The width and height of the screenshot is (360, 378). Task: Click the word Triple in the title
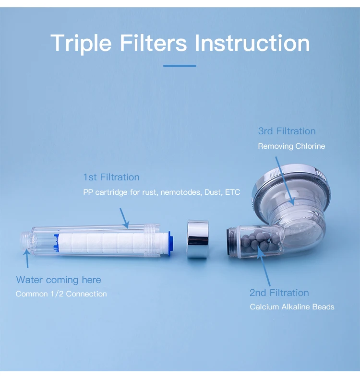tap(81, 43)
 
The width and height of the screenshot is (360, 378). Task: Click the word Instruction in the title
tap(252, 43)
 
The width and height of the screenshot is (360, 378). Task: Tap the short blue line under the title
tap(180, 66)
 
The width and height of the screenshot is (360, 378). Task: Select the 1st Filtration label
tap(111, 177)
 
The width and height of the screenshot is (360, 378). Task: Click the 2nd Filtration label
tap(279, 293)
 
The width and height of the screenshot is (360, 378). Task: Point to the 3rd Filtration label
tap(287, 131)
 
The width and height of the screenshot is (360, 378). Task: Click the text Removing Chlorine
tap(291, 146)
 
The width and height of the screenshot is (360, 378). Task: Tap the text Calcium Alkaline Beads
tap(292, 307)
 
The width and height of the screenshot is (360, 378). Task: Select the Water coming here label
tap(59, 280)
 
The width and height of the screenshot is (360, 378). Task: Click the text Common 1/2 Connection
tap(61, 294)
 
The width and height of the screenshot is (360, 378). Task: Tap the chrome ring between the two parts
tap(198, 239)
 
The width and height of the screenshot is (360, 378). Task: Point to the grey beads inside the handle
tap(260, 240)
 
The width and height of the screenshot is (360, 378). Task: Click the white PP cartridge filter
tap(113, 243)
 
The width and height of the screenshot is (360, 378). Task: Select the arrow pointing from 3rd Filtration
tap(285, 181)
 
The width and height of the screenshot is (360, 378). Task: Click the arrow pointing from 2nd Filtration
tap(264, 266)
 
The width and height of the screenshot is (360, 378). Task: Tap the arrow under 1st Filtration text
tap(124, 218)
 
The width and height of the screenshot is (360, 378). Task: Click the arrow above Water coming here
tap(27, 259)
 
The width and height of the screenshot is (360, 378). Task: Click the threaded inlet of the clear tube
tap(26, 241)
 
